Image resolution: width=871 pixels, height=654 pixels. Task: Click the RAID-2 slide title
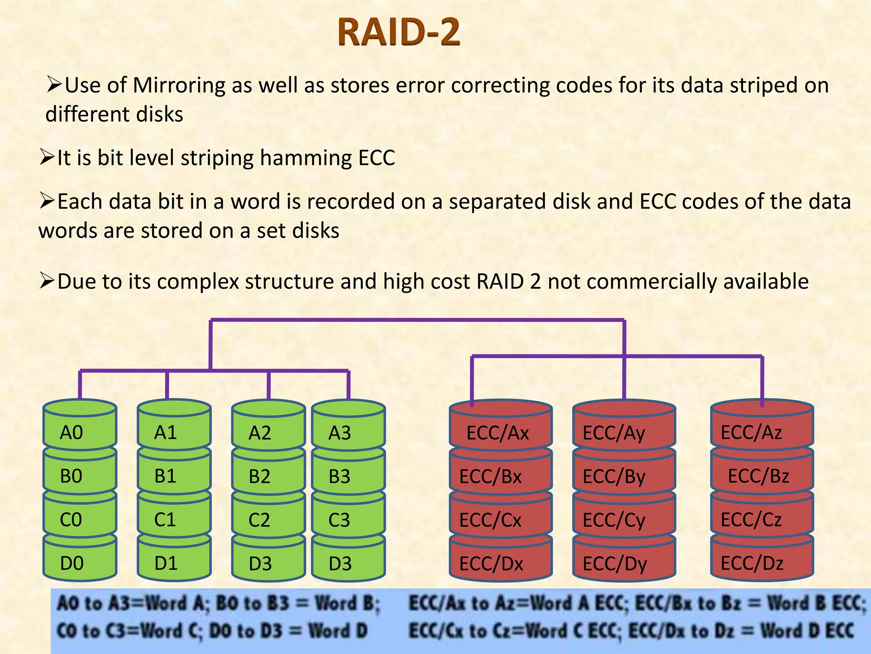pyautogui.click(x=398, y=32)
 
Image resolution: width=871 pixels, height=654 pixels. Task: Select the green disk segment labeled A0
pyautogui.click(x=80, y=432)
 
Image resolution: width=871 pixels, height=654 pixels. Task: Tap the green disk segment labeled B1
pyautogui.click(x=174, y=476)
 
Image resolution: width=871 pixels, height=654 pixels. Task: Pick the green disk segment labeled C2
pyautogui.click(x=268, y=519)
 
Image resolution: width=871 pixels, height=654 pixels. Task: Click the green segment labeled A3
pyautogui.click(x=348, y=433)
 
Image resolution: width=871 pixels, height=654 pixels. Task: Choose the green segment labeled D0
pyautogui.click(x=80, y=563)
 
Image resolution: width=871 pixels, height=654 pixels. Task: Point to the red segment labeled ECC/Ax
pyautogui.click(x=500, y=433)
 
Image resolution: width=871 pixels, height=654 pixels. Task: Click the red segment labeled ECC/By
pyautogui.click(x=623, y=476)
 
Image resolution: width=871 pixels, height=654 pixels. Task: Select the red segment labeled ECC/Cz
pyautogui.click(x=761, y=519)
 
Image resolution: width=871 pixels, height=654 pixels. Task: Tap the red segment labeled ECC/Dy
pyautogui.click(x=623, y=563)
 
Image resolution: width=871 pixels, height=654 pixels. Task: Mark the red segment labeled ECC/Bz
pyautogui.click(x=761, y=476)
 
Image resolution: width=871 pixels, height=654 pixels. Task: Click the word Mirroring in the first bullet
pyautogui.click(x=179, y=85)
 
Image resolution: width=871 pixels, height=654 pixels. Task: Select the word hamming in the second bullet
pyautogui.click(x=306, y=158)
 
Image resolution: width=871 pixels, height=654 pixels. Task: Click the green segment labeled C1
pyautogui.click(x=174, y=519)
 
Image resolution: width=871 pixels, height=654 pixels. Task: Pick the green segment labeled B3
pyautogui.click(x=348, y=476)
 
